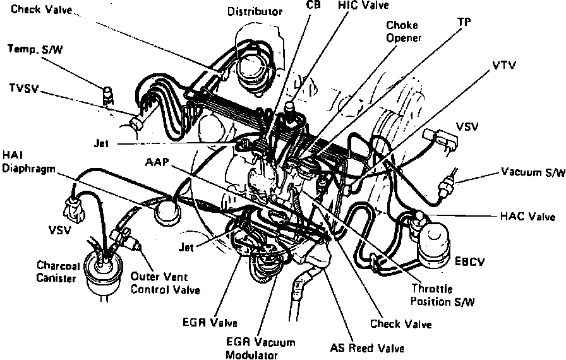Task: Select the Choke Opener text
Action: pos(404,32)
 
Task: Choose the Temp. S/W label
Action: pos(33,48)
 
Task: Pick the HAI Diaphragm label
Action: pos(25,162)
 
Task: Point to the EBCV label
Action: pos(469,259)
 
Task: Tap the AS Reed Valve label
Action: pos(367,347)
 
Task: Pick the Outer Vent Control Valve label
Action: pos(166,283)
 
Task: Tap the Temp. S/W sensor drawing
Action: pos(107,95)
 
